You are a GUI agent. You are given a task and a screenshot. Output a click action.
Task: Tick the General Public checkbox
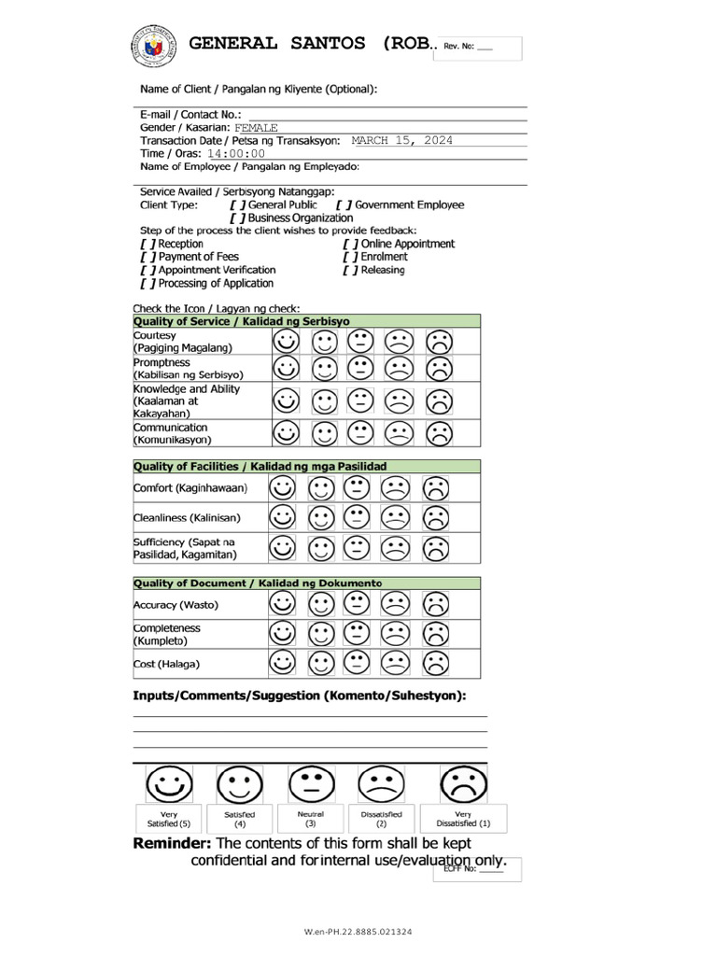237,204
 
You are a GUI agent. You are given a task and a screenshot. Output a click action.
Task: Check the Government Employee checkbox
344,204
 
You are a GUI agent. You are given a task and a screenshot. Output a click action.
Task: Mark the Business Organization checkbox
237,218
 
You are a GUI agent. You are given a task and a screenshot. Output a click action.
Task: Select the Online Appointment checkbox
350,244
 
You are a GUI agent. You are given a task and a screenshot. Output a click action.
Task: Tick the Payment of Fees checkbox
148,257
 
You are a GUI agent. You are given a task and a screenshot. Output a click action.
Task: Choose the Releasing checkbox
350,270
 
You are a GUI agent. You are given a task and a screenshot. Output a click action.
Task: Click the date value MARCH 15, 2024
401,140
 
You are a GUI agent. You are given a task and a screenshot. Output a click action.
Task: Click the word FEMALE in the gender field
256,127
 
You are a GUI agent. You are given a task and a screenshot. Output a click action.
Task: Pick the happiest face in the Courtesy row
287,342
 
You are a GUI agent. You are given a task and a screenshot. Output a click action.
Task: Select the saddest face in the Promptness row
439,369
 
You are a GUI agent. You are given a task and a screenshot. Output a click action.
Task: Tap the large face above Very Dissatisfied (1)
464,784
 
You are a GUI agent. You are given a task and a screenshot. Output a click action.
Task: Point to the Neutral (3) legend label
311,819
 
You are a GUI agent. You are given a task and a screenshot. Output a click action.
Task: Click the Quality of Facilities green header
307,466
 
